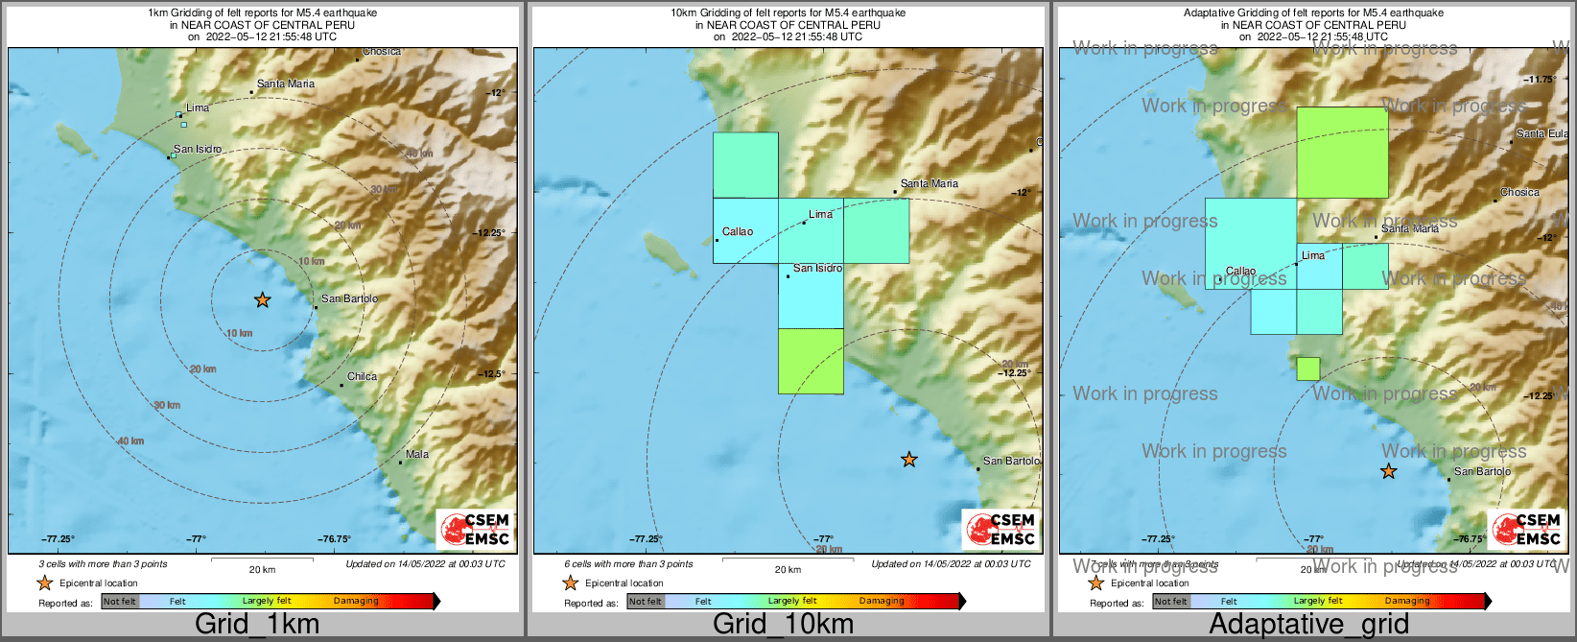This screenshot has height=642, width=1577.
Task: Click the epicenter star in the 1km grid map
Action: [262, 300]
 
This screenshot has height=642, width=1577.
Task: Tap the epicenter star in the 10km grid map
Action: [908, 460]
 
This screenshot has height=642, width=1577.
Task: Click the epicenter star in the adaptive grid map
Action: [1388, 471]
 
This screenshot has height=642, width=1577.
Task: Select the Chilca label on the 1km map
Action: [362, 377]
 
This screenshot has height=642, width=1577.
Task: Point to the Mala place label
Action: [417, 455]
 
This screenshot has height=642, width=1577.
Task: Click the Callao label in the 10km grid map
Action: [738, 232]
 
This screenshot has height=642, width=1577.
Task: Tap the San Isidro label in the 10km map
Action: [817, 269]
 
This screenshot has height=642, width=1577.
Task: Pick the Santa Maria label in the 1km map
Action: [286, 84]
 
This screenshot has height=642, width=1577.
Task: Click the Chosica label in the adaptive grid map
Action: [1519, 193]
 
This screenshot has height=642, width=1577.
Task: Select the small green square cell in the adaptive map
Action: [1307, 369]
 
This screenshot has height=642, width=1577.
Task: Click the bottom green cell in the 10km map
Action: [811, 361]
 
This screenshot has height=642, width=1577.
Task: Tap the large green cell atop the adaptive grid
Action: [1342, 152]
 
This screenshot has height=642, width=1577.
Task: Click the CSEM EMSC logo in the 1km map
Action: [474, 529]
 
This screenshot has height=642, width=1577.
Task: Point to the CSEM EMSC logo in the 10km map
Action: [1000, 529]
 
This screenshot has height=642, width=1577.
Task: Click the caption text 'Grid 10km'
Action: [783, 624]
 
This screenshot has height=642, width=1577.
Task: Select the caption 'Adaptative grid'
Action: [1308, 624]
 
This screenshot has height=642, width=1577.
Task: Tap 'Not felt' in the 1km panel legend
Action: [120, 602]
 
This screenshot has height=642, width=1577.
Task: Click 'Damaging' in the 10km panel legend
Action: [882, 602]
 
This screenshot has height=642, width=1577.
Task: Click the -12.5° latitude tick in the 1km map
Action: [493, 374]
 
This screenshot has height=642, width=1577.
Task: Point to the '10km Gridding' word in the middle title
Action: [704, 13]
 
